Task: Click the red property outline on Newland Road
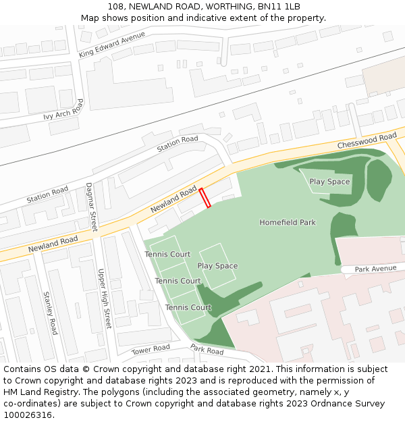click(x=205, y=197)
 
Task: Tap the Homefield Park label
click(x=288, y=222)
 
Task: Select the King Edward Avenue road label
click(x=111, y=44)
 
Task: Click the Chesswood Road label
click(x=367, y=141)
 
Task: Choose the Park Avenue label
click(x=375, y=269)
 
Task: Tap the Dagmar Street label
click(x=92, y=207)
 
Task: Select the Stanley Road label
click(x=51, y=313)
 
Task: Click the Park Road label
click(x=207, y=350)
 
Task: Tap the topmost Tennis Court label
click(x=167, y=255)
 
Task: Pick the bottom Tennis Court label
click(x=188, y=307)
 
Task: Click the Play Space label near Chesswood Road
click(x=329, y=182)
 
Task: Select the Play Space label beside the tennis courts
click(x=217, y=266)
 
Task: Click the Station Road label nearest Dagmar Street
click(x=47, y=196)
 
